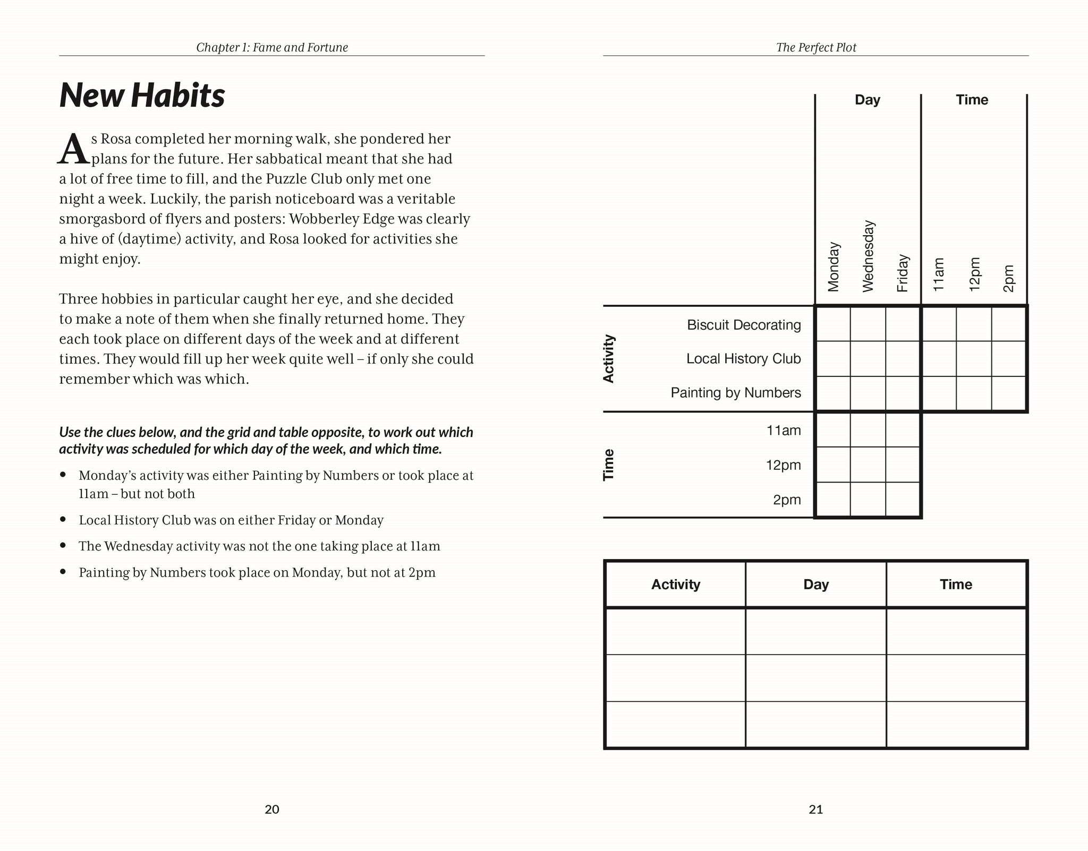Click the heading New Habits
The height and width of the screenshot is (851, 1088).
click(x=142, y=96)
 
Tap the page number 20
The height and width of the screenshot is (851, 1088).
click(x=272, y=809)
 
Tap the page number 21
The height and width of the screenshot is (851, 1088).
click(x=816, y=809)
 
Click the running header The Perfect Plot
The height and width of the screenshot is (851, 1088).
click(x=816, y=47)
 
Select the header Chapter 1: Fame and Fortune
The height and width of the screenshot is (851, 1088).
click(x=272, y=47)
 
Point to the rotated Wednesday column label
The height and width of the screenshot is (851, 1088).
click(x=868, y=256)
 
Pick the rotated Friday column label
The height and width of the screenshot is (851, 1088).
click(x=903, y=273)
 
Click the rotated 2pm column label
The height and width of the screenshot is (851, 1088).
click(x=1008, y=278)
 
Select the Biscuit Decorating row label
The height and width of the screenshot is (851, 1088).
click(x=744, y=324)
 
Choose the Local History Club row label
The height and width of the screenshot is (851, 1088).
click(x=743, y=358)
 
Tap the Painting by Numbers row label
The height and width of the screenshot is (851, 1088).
click(x=736, y=392)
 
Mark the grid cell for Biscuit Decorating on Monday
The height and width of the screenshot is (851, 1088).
click(x=833, y=324)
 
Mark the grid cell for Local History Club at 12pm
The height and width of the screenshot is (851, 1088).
click(x=974, y=359)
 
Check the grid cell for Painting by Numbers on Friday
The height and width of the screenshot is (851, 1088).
click(x=903, y=393)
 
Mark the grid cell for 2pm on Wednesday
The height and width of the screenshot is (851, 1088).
click(x=868, y=499)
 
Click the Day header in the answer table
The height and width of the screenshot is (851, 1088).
click(x=816, y=584)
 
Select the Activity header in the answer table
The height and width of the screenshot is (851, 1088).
click(x=676, y=584)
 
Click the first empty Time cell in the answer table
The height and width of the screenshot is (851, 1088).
click(x=956, y=631)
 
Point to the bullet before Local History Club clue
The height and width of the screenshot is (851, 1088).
click(x=63, y=519)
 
